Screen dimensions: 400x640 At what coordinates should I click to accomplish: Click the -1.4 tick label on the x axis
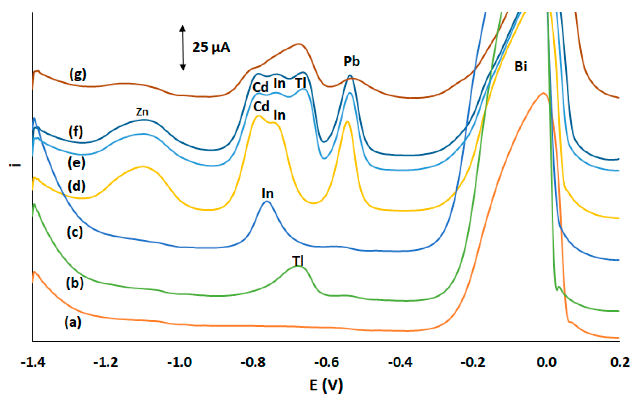coord(33,362)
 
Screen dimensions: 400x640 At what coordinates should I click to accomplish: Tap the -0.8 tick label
coord(253,362)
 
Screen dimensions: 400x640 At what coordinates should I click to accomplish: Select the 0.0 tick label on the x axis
coord(546,362)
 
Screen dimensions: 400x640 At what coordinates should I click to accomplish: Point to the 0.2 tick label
coord(620,362)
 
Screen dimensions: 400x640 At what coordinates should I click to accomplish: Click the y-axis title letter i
coord(15,165)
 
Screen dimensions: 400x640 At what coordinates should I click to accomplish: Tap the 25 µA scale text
coord(211,48)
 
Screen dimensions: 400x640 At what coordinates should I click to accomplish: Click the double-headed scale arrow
coord(183,48)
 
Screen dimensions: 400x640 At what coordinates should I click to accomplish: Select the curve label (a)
coord(73,322)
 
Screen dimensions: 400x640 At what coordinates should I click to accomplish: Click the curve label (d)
coord(77,186)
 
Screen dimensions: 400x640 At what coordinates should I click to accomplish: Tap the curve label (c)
coord(75,232)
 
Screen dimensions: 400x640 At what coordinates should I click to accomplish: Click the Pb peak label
coord(351,61)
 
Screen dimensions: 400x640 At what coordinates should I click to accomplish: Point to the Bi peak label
coord(520,66)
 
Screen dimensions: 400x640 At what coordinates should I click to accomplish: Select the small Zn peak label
coord(142,112)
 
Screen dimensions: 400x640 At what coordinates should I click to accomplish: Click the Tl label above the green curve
coord(298,261)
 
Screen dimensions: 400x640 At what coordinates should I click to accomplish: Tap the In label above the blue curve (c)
coord(267,194)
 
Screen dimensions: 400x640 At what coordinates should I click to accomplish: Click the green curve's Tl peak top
coord(298,266)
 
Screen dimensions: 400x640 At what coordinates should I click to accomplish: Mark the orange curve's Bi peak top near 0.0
coord(543,93)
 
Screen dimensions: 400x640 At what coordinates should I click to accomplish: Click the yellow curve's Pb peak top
coord(347,122)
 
